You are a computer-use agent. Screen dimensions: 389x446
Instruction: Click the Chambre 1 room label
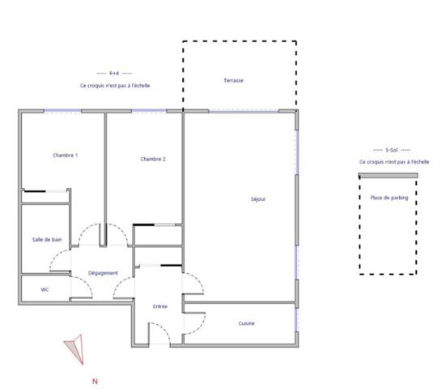[66, 156]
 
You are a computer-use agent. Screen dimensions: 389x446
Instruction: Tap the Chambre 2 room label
[153, 160]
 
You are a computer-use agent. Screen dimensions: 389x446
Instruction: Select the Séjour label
[257, 199]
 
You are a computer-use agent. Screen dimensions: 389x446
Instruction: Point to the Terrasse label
[234, 81]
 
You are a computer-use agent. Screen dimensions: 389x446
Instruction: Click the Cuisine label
[247, 323]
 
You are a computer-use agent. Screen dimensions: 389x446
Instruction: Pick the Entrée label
[160, 306]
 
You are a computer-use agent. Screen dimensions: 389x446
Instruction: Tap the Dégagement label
[104, 273]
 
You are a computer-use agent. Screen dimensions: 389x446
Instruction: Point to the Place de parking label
[389, 197]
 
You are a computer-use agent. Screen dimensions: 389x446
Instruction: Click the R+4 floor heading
[114, 74]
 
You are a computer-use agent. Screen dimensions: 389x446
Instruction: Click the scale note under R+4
[114, 85]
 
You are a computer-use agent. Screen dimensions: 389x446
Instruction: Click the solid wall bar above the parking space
[389, 175]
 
